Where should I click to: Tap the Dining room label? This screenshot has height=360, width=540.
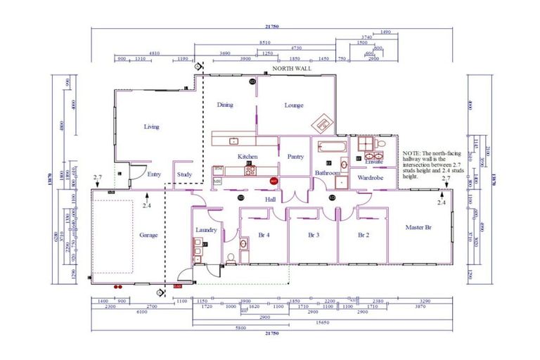click(x=225, y=105)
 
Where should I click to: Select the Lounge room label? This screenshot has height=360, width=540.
click(x=293, y=105)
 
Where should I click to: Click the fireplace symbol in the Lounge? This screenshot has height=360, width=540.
click(x=323, y=122)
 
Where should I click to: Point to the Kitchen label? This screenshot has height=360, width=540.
click(x=247, y=156)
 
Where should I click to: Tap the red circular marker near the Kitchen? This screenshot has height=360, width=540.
click(x=274, y=181)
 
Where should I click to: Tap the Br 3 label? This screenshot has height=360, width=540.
click(x=314, y=235)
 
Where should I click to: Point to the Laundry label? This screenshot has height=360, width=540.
click(x=206, y=229)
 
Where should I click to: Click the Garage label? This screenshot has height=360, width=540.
click(x=148, y=235)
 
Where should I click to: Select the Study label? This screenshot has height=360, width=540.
click(x=184, y=174)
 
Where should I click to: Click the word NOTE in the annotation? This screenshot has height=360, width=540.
click(x=411, y=152)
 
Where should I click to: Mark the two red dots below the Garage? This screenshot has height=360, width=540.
click(x=115, y=287)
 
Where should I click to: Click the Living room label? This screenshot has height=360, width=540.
click(x=151, y=127)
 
